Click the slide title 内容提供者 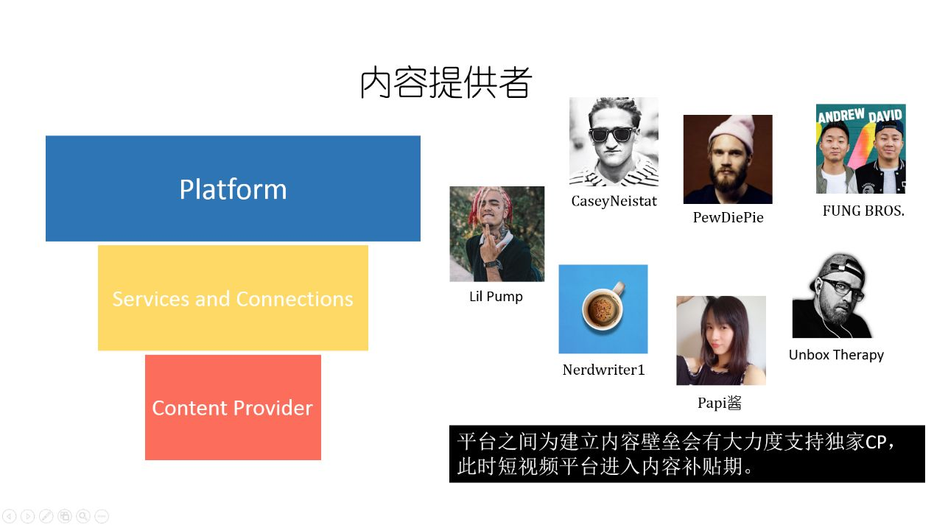[446, 83]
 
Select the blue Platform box [233, 188]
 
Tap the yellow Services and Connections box [233, 298]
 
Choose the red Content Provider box [233, 407]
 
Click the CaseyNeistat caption [614, 201]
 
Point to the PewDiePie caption [728, 217]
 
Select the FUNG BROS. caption [863, 211]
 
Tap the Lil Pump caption [496, 297]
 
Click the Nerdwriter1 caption [603, 370]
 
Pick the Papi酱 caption [719, 403]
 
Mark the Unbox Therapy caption [836, 355]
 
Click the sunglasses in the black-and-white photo [612, 134]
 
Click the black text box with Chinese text [687, 454]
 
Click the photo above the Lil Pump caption [496, 233]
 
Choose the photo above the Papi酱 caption [720, 340]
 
